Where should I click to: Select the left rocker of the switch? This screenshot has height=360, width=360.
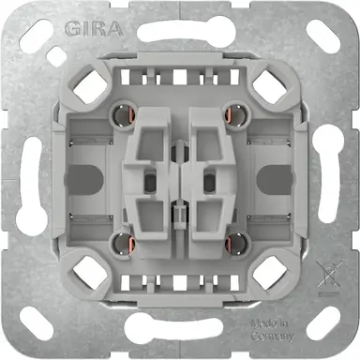pos(151,178)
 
